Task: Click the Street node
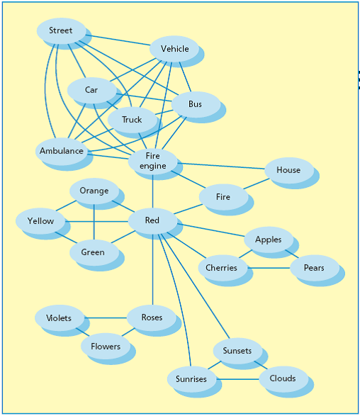click(x=61, y=30)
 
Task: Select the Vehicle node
click(x=174, y=49)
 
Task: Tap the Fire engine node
click(x=153, y=162)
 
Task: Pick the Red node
click(x=153, y=221)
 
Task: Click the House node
click(x=289, y=170)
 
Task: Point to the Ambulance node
click(x=61, y=151)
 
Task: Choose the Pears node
click(x=315, y=268)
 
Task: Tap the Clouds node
click(x=283, y=379)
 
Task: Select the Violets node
click(x=60, y=317)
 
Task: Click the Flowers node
click(x=106, y=347)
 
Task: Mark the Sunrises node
click(x=192, y=379)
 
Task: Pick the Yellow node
click(x=40, y=221)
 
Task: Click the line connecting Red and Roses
click(x=153, y=269)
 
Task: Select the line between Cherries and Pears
click(x=269, y=268)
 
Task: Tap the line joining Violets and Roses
click(x=106, y=317)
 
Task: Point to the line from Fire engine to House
click(x=221, y=166)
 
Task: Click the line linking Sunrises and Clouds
click(x=237, y=379)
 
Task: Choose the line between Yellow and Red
click(x=96, y=221)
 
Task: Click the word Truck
click(x=132, y=120)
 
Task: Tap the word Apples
click(x=268, y=240)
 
